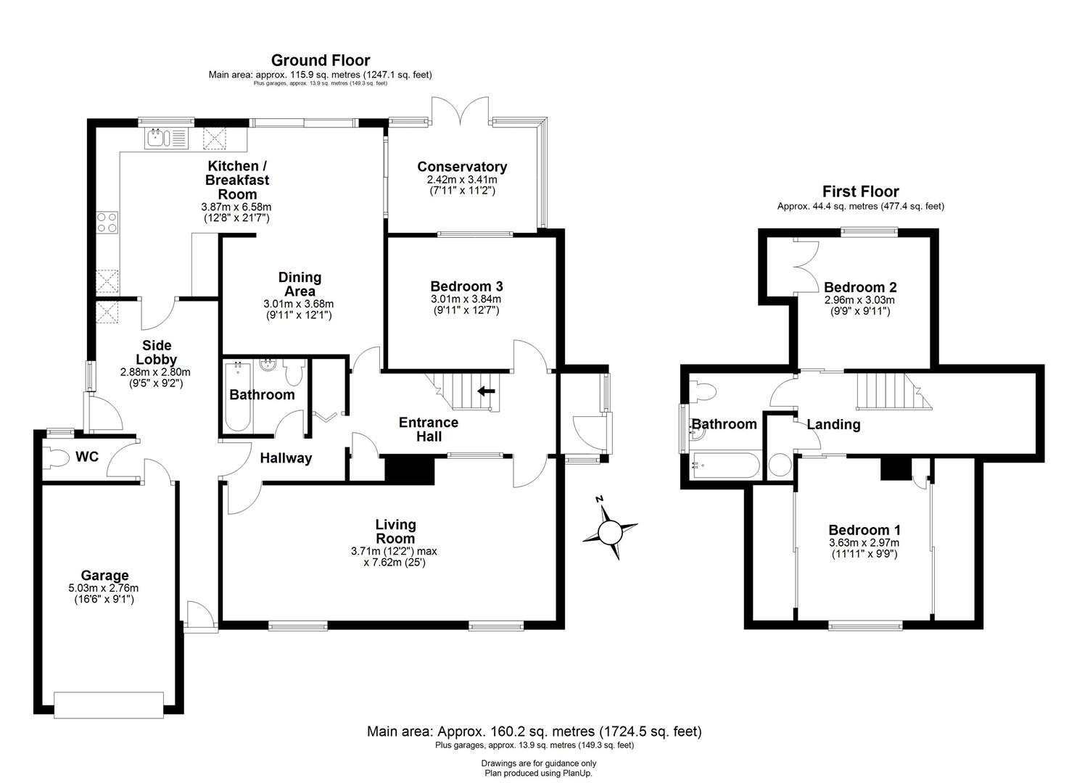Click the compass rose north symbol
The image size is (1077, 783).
[609, 531]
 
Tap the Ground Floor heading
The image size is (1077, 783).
[321, 60]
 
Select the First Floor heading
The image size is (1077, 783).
[860, 191]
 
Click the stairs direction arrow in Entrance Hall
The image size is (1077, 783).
[486, 391]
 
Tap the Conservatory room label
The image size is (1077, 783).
[462, 167]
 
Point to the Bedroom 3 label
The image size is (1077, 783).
[466, 286]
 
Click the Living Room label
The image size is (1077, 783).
[395, 531]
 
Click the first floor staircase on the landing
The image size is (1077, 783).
[885, 391]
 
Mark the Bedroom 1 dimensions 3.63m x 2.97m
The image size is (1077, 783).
[863, 543]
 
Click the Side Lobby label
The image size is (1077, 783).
[157, 352]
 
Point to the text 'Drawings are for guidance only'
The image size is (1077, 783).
[538, 763]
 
